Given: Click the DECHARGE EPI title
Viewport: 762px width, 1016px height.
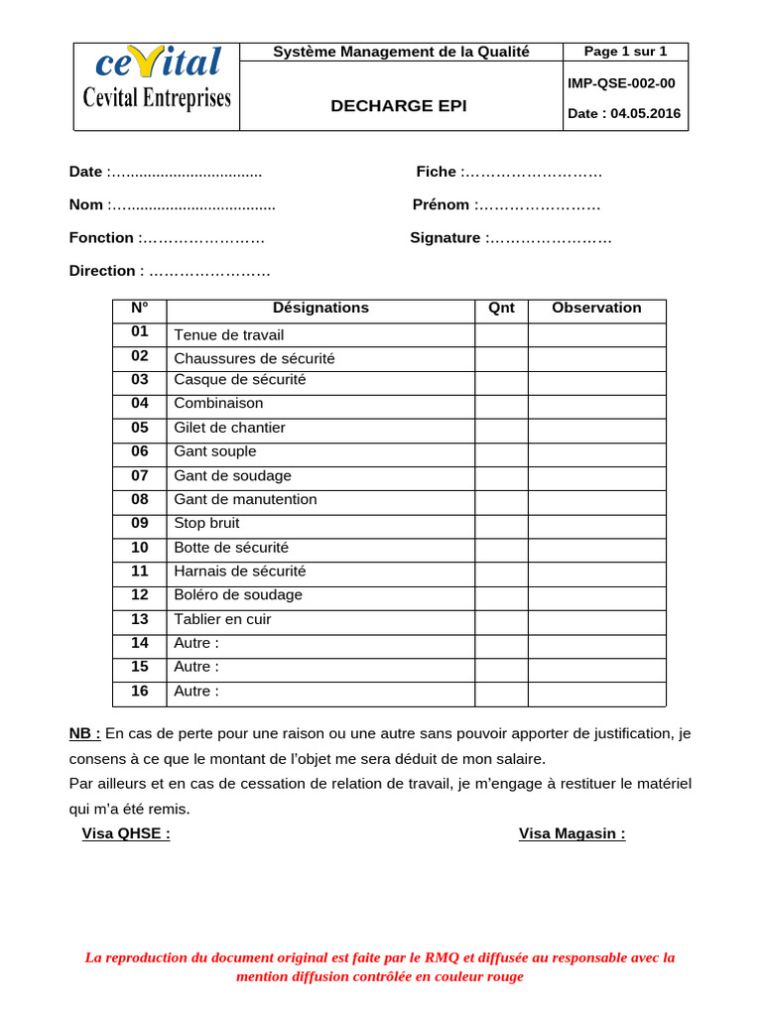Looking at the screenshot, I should click(x=398, y=105).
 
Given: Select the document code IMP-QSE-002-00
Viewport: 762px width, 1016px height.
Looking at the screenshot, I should click(x=621, y=83).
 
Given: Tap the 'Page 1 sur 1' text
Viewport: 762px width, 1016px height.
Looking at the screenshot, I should click(x=625, y=52).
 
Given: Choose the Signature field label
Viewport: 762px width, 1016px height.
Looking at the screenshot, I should click(x=444, y=238).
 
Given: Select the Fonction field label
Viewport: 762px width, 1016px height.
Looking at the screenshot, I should click(x=101, y=238).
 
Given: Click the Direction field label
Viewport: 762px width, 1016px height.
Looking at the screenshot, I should click(x=102, y=271).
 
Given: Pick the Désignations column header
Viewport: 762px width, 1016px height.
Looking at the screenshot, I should click(x=320, y=309).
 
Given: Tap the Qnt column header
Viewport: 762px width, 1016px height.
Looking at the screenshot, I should click(x=502, y=309).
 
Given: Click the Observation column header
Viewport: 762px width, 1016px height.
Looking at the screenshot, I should click(x=596, y=309).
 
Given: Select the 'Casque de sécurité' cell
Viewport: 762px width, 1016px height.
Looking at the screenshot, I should click(x=240, y=380).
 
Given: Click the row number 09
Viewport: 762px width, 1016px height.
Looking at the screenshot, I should click(x=139, y=523).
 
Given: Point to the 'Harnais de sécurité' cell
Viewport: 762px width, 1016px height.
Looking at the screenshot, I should click(x=240, y=571).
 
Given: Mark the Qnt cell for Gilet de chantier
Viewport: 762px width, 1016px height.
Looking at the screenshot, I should click(x=501, y=429).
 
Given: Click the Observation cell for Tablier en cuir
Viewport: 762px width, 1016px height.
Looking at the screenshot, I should click(x=596, y=620).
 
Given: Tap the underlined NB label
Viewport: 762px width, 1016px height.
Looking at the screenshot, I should click(x=84, y=734).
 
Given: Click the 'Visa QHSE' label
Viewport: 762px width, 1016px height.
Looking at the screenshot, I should click(x=126, y=833).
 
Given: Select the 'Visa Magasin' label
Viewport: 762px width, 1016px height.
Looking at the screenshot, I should click(x=572, y=833).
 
